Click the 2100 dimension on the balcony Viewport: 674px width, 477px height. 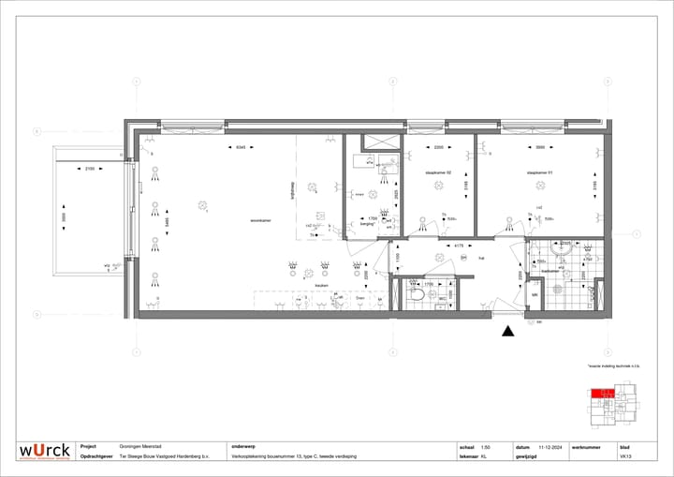pos(89,169)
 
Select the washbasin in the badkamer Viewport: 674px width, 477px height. pos(562,249)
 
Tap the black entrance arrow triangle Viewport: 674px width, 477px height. pos(507,330)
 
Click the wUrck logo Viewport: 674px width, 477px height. pos(45,451)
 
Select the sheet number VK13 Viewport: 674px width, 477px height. pos(625,456)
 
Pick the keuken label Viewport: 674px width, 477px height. pos(321,286)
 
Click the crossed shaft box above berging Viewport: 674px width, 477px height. pos(382,142)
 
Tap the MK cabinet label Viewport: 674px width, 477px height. pos(535,294)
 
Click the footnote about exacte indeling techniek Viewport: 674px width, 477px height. pos(612,366)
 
